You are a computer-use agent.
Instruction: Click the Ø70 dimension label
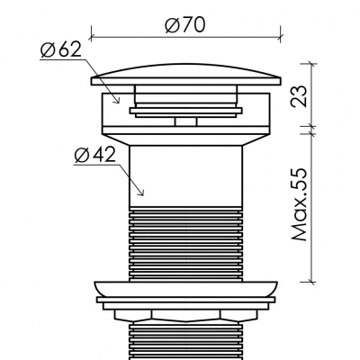pyautogui.click(x=185, y=24)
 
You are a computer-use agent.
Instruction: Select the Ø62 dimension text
pyautogui.click(x=61, y=49)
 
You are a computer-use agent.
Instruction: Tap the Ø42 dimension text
pyautogui.click(x=95, y=156)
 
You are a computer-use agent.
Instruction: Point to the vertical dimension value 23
pyautogui.click(x=299, y=96)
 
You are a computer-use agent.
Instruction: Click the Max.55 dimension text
pyautogui.click(x=299, y=204)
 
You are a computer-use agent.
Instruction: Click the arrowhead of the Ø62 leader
pyautogui.click(x=117, y=101)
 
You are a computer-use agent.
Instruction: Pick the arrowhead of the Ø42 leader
pyautogui.click(x=141, y=193)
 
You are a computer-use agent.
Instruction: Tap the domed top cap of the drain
pyautogui.click(x=186, y=75)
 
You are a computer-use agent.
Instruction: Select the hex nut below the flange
pyautogui.click(x=186, y=315)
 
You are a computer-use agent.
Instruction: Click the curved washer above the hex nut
pyautogui.click(x=186, y=289)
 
